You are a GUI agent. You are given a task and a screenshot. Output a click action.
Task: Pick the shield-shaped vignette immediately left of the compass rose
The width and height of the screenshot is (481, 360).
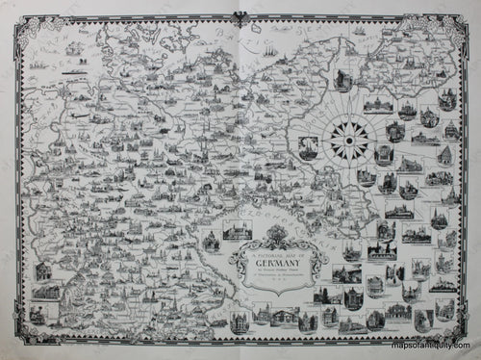click(x=308, y=146)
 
